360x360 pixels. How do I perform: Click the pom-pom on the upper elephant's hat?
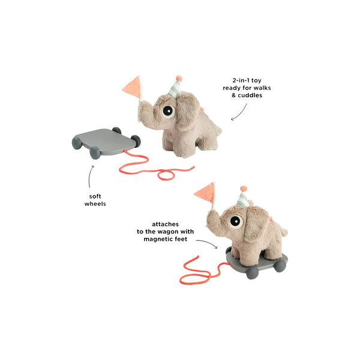click(x=178, y=78)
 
